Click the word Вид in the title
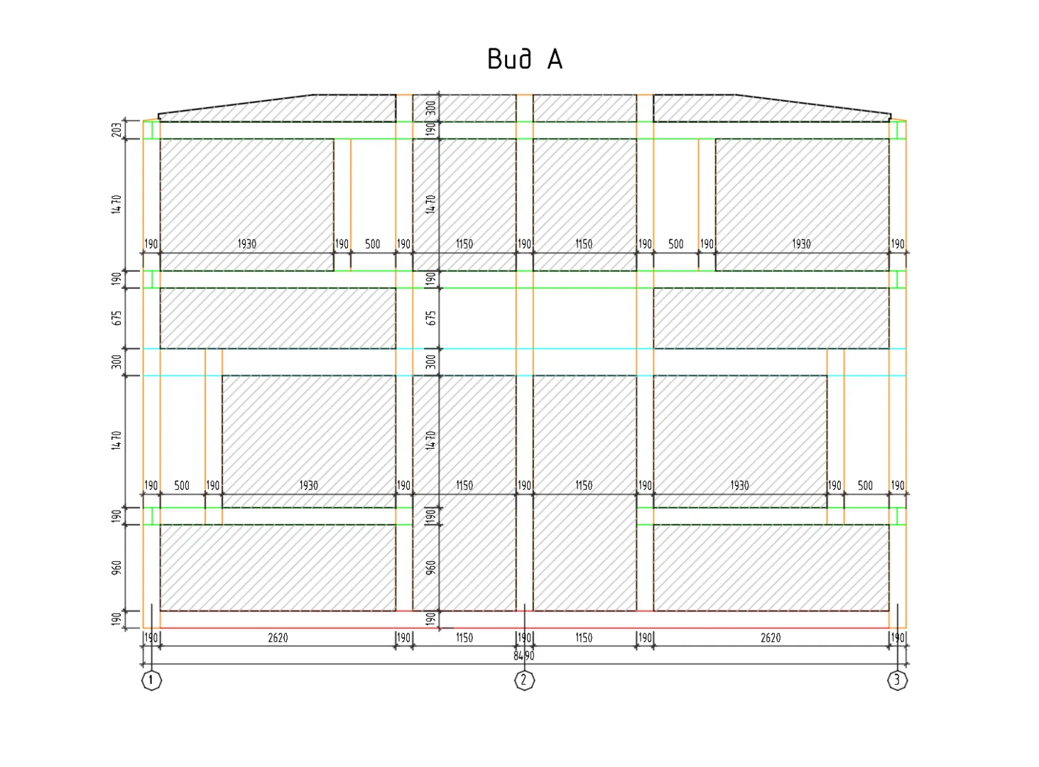click(510, 60)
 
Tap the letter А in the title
click(555, 60)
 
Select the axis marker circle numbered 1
click(151, 681)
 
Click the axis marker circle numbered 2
click(524, 681)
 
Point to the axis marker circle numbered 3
click(897, 681)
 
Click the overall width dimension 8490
click(523, 656)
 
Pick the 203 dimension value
click(116, 129)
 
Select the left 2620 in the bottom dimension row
click(278, 638)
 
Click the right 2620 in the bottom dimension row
click(771, 638)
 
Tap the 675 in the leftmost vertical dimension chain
click(116, 318)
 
